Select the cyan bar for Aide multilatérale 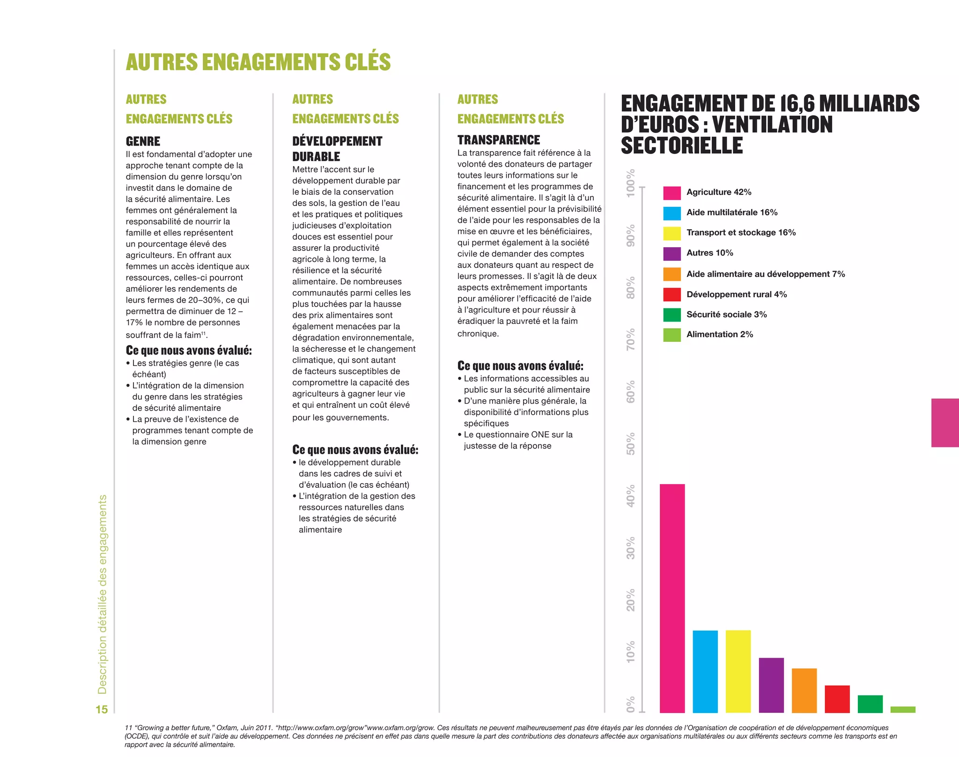point(705,671)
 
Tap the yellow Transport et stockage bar point(738,671)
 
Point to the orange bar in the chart point(804,691)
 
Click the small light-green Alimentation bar point(903,709)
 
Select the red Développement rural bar point(837,699)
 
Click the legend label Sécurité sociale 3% point(726,315)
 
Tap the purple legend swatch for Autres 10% point(672,253)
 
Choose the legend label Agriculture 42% point(719,192)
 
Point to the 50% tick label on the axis point(631,443)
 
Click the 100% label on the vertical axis point(631,183)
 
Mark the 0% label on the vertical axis point(631,705)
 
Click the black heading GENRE point(143,141)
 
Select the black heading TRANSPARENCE point(498,140)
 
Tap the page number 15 point(102,709)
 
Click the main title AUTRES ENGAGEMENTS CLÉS point(258,62)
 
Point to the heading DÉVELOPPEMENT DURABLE point(337,148)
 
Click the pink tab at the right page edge point(945,423)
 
